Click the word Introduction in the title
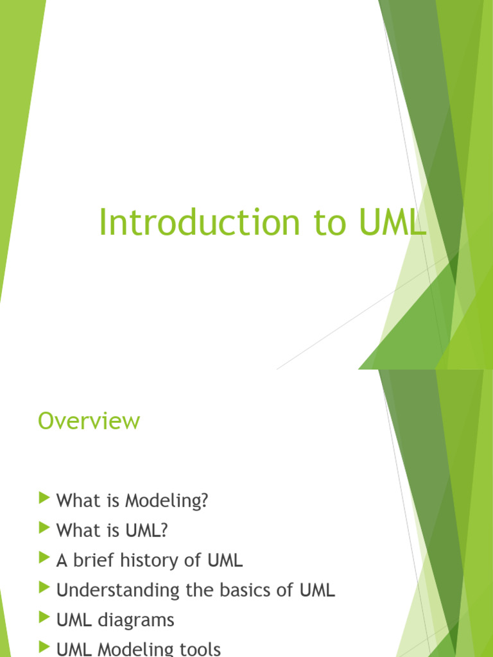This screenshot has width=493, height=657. pyautogui.click(x=200, y=222)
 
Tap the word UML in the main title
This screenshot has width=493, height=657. pyautogui.click(x=393, y=222)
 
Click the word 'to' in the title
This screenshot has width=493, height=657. pyautogui.click(x=330, y=223)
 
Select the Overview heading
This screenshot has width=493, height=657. pyautogui.click(x=89, y=421)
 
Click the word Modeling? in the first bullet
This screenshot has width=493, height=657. pyautogui.click(x=167, y=501)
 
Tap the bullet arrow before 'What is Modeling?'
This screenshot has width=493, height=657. pyautogui.click(x=44, y=498)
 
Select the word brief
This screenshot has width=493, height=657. pyautogui.click(x=93, y=560)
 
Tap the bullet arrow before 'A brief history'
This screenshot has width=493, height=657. pyautogui.click(x=44, y=558)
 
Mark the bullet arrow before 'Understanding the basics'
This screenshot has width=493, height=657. pyautogui.click(x=44, y=588)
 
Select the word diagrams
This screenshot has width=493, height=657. pyautogui.click(x=136, y=620)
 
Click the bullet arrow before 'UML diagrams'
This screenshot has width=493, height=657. pyautogui.click(x=44, y=617)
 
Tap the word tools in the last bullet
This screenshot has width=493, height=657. pyautogui.click(x=200, y=649)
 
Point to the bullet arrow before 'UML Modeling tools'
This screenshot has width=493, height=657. pyautogui.click(x=44, y=647)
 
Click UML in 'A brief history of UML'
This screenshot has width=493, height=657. pyautogui.click(x=225, y=561)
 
